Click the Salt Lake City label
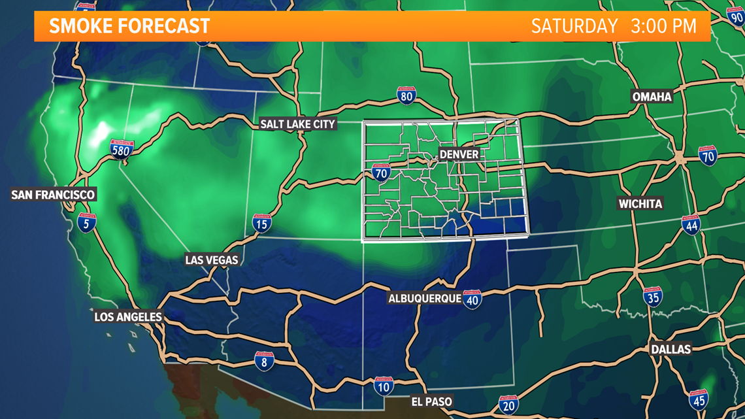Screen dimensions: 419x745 (x=297, y=124)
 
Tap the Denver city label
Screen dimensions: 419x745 (x=459, y=154)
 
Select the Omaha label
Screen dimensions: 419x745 (x=652, y=97)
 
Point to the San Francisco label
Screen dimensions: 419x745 (x=54, y=195)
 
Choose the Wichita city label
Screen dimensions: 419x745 (x=640, y=204)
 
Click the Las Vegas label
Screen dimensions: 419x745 (x=212, y=260)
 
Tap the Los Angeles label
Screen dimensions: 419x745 (x=128, y=317)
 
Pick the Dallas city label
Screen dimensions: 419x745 (x=670, y=349)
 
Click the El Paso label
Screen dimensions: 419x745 (x=431, y=401)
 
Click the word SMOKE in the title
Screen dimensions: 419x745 (x=78, y=27)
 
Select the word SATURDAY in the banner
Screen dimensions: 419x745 (x=574, y=26)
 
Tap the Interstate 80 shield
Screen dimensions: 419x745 (x=406, y=96)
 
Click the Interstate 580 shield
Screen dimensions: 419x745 (x=122, y=150)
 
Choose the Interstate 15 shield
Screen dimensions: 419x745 (x=261, y=224)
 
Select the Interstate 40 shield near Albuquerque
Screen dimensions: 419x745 (x=472, y=299)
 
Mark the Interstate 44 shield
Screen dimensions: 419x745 (x=691, y=226)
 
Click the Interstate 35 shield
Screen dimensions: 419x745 (x=652, y=297)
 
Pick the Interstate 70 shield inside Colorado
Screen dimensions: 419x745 (x=381, y=173)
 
